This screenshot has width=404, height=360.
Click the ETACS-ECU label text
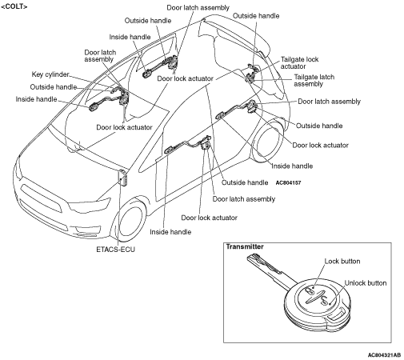[115, 250]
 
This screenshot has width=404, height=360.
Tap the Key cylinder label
[50, 74]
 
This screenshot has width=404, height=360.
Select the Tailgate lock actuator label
[299, 62]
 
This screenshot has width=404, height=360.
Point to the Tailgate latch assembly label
[314, 80]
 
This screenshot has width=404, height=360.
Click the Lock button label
[342, 261]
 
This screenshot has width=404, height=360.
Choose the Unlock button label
[366, 283]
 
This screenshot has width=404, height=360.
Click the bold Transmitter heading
[245, 246]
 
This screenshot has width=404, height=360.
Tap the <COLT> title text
[14, 6]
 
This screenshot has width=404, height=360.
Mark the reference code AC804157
[288, 183]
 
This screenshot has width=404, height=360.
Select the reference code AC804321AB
[384, 355]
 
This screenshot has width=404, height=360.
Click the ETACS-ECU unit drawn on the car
[123, 177]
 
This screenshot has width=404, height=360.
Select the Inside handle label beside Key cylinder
[36, 99]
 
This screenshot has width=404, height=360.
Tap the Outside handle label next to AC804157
[245, 182]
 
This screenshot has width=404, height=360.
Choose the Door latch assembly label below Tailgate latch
[329, 102]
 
